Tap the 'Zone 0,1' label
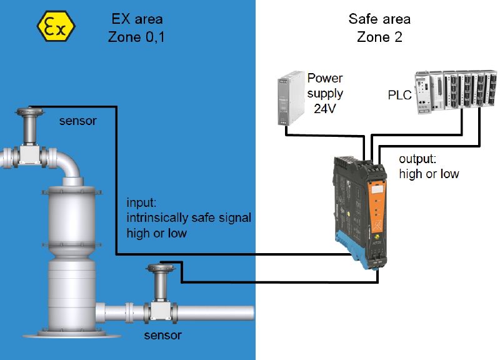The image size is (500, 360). tap(136, 37)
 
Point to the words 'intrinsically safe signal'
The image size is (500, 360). tap(189, 218)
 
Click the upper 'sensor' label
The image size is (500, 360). tap(77, 121)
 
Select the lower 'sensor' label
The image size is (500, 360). tap(162, 336)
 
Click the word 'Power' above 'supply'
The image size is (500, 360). tap(325, 79)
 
